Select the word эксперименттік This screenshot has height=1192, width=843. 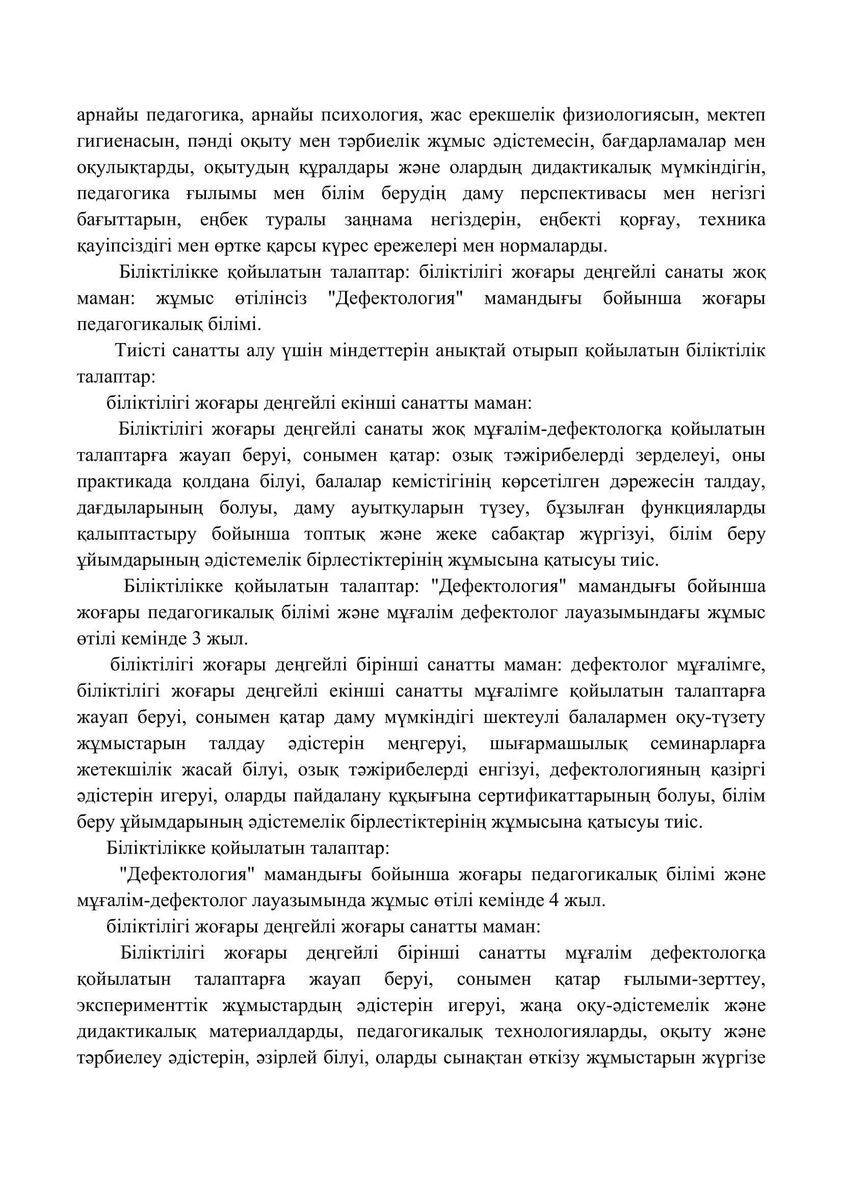(x=142, y=1005)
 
